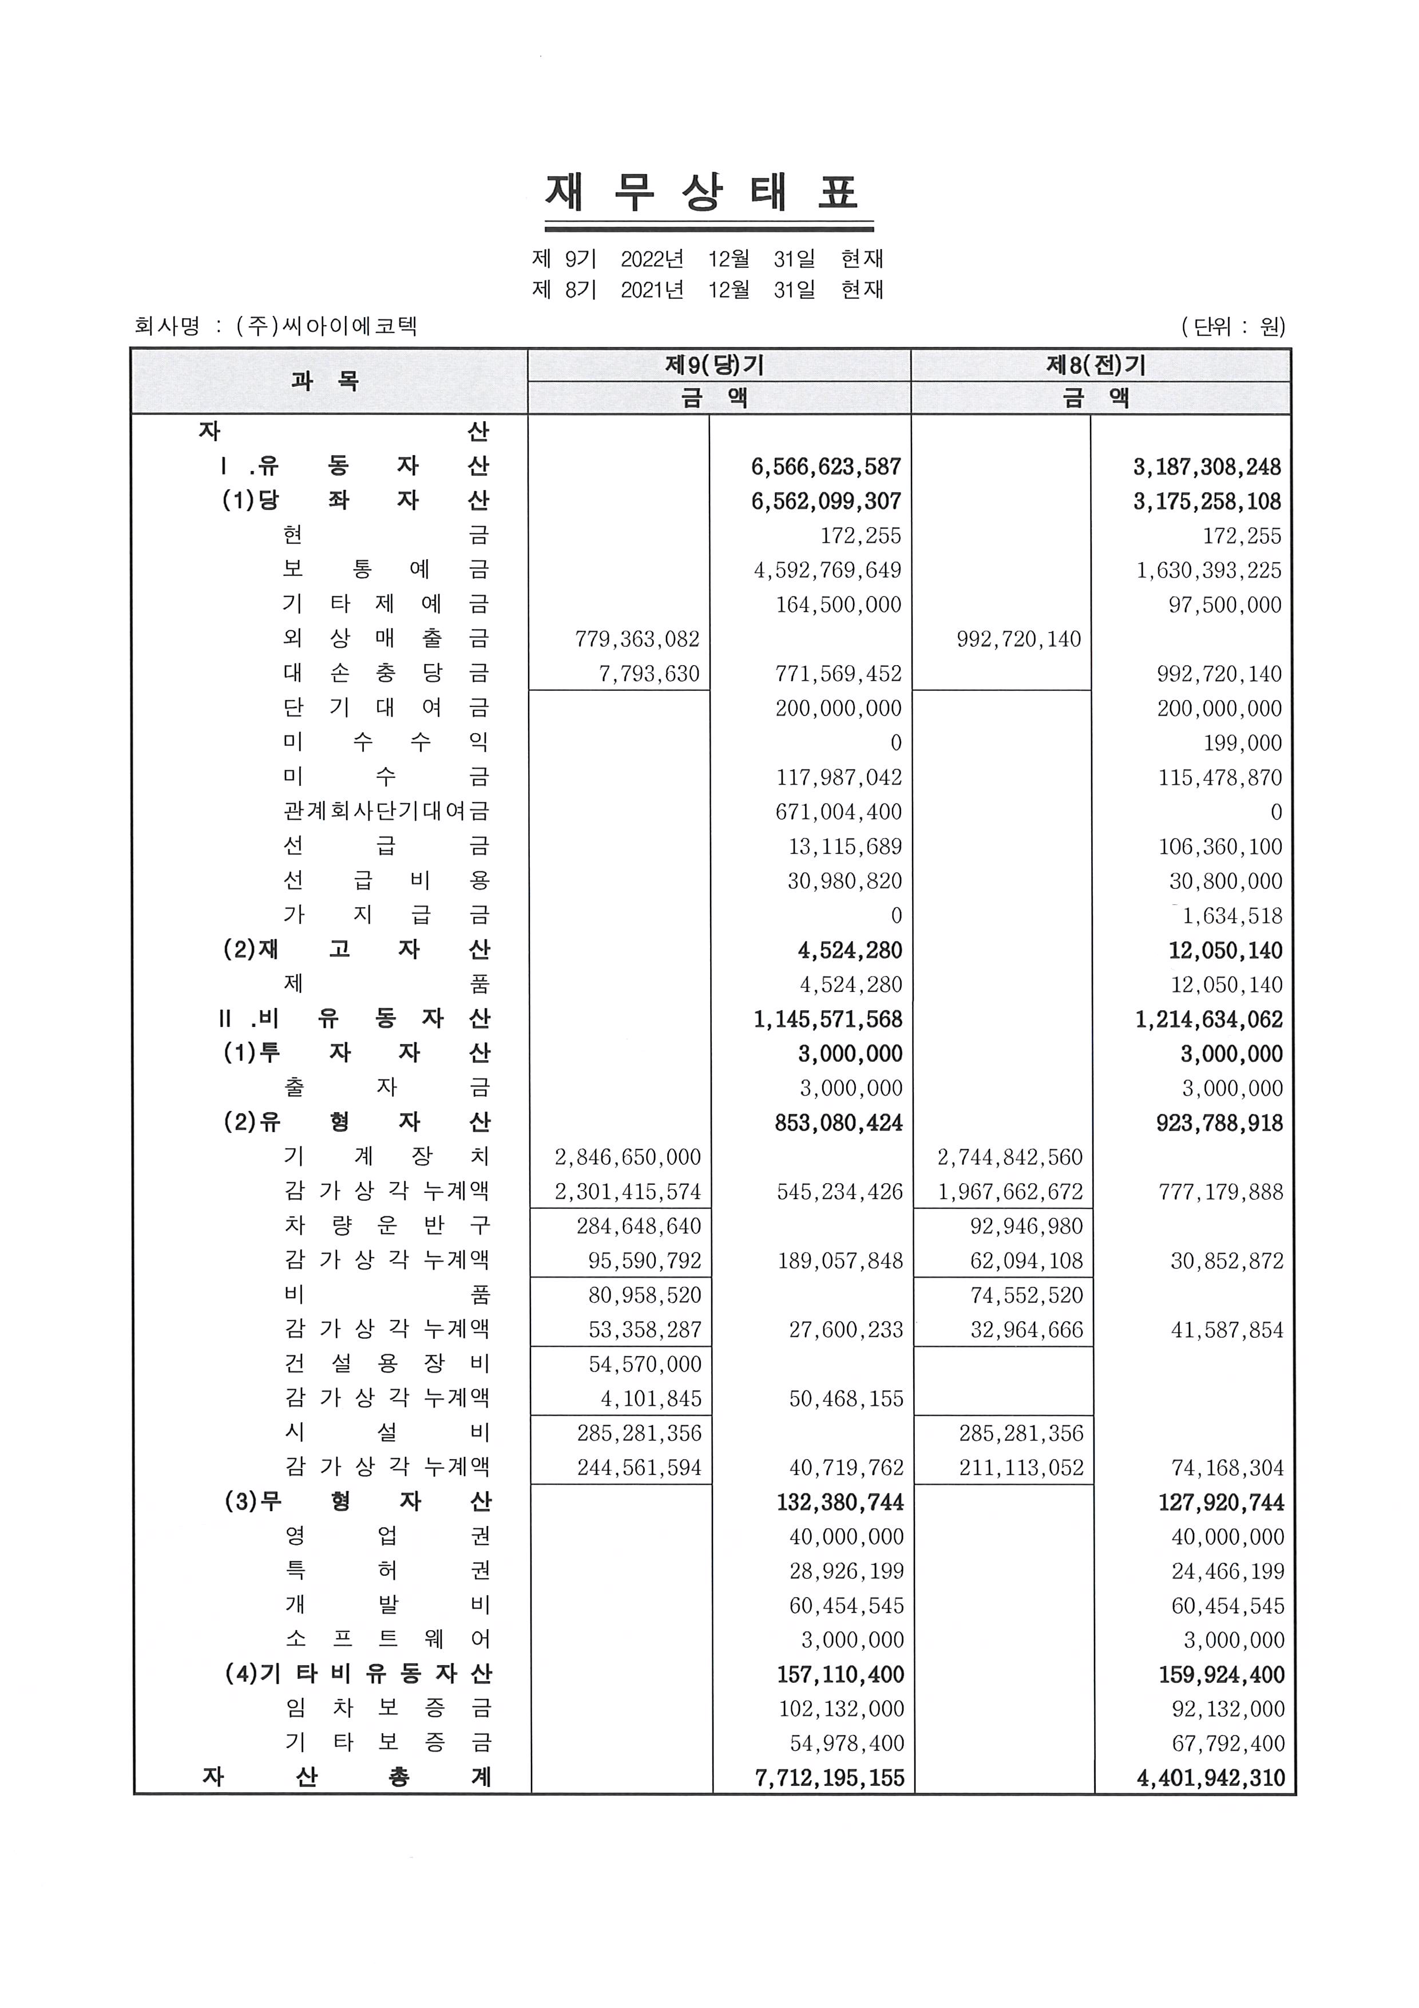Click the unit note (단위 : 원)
point(1233,326)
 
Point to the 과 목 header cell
point(326,381)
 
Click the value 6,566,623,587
point(825,467)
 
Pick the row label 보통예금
point(386,570)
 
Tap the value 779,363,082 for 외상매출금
point(637,639)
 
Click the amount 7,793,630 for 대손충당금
point(649,673)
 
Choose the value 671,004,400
point(838,812)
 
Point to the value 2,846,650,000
point(628,1157)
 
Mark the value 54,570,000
point(644,1364)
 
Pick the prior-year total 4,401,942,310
point(1211,1778)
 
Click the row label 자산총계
point(347,1777)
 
